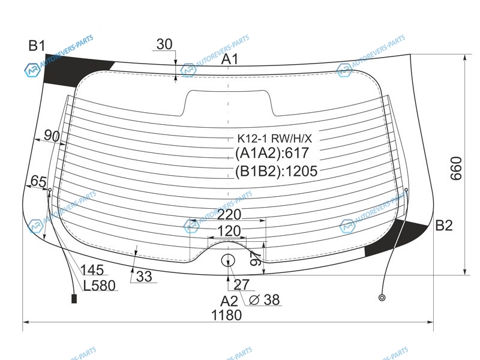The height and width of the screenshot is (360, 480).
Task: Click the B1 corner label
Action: [x=37, y=46]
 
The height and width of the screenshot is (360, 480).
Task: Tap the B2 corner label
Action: [x=443, y=226]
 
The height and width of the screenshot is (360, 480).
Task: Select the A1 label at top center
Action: [x=230, y=59]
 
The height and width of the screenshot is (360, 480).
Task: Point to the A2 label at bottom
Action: [x=229, y=301]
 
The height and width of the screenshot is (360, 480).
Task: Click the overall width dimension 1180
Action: [x=227, y=315]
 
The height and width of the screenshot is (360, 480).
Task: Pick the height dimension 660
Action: [x=456, y=169]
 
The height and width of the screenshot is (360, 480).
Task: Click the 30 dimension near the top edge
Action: [x=164, y=44]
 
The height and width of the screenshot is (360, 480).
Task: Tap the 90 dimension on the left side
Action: [x=52, y=136]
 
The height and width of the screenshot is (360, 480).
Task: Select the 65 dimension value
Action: [x=38, y=182]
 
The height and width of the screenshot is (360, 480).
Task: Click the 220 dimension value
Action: [x=229, y=215]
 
